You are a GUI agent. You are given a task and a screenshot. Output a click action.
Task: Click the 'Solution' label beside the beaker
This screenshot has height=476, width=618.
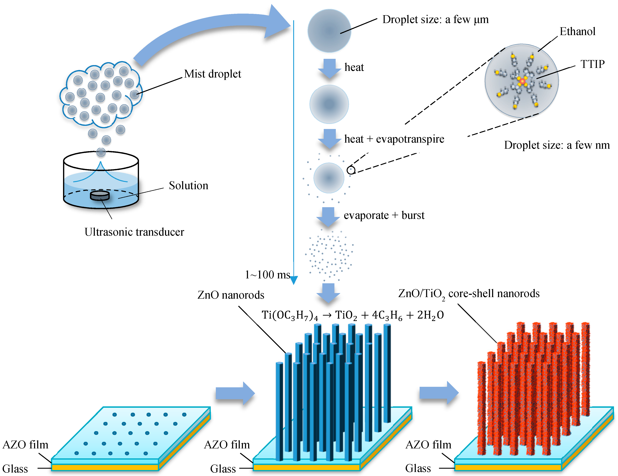pyautogui.click(x=188, y=186)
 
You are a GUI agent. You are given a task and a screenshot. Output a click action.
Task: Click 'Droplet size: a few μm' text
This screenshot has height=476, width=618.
pyautogui.click(x=435, y=20)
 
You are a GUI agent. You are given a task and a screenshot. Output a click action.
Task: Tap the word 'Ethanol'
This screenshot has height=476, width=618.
pyautogui.click(x=577, y=31)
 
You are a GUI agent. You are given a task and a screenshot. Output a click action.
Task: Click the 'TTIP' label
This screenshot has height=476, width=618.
pyautogui.click(x=593, y=64)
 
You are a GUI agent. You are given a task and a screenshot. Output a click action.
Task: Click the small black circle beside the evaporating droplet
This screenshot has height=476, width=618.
pyautogui.click(x=351, y=170)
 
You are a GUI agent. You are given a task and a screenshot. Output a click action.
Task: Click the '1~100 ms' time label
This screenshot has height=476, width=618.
pyautogui.click(x=267, y=275)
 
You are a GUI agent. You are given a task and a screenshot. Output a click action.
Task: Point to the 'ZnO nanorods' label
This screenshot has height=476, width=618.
pyautogui.click(x=231, y=295)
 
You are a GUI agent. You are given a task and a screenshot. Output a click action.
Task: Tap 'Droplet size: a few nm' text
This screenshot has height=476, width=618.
pyautogui.click(x=557, y=145)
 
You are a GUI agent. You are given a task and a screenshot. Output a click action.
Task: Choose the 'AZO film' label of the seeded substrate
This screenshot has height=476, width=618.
pyautogui.click(x=25, y=445)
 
